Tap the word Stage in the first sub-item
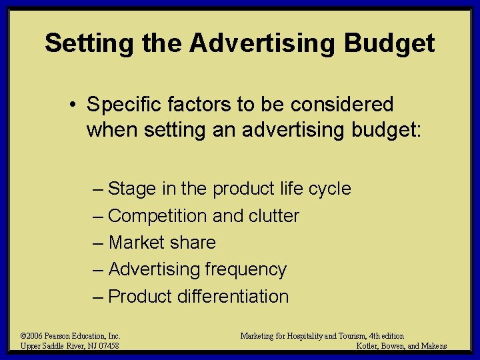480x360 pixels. tap(131, 189)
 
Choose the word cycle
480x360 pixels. tap(329, 189)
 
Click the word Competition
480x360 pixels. tap(157, 216)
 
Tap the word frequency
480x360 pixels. tap(246, 269)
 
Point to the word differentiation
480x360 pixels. tap(233, 296)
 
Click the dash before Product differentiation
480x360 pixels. tap(98, 296)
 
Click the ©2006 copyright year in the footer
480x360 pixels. tap(31, 336)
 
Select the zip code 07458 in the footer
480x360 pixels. tap(108, 346)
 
